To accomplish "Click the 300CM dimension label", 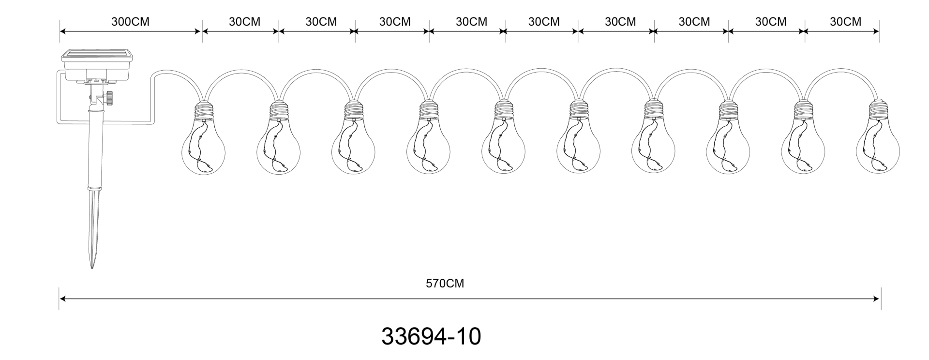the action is [130, 22].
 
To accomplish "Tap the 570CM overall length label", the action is [445, 284].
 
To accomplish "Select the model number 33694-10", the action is [431, 336].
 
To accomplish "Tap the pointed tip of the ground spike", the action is [92, 268].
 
